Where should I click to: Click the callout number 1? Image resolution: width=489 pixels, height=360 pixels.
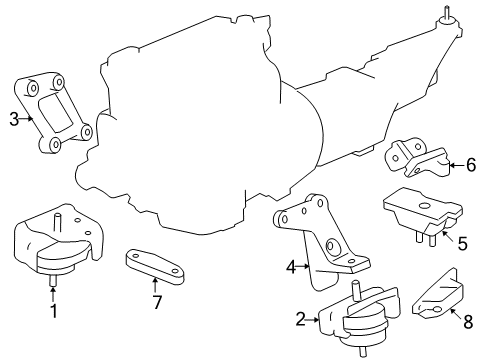(x=54, y=311)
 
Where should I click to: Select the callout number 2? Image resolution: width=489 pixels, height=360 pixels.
(x=300, y=320)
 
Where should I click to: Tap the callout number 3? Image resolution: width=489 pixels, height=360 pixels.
(x=14, y=119)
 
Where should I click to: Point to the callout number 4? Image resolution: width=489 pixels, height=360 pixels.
(x=291, y=267)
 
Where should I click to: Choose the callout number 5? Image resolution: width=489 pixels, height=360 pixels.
(x=462, y=244)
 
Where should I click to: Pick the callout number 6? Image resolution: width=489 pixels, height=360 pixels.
(x=471, y=165)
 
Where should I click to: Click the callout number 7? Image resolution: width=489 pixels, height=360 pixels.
(x=157, y=302)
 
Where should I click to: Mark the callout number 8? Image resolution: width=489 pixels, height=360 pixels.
(x=468, y=322)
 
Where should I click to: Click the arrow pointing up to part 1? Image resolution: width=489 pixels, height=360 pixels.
(x=53, y=295)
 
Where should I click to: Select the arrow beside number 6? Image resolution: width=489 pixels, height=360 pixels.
(x=457, y=165)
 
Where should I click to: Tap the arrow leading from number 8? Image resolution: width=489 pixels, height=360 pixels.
(x=456, y=314)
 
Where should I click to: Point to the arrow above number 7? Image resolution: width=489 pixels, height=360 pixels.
(x=155, y=286)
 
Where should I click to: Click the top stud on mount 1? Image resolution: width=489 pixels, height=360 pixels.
(x=57, y=221)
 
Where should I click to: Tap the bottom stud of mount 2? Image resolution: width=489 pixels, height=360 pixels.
(x=362, y=352)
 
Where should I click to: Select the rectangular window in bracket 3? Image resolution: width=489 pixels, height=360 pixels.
(x=56, y=112)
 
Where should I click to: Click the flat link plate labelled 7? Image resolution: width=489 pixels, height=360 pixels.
(x=155, y=267)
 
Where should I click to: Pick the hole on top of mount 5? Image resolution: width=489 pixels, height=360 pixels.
(x=424, y=206)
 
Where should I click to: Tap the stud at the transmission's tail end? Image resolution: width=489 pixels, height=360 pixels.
(x=446, y=13)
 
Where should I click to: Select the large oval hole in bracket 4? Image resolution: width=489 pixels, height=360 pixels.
(x=331, y=246)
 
